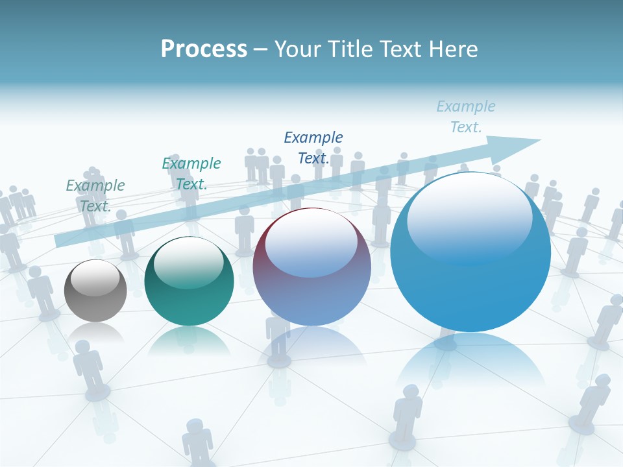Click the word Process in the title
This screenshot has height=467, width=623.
click(204, 49)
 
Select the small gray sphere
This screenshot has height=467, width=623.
click(95, 291)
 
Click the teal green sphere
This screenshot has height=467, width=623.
click(189, 281)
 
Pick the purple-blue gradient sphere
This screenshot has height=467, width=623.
click(311, 267)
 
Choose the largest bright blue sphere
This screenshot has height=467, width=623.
click(470, 252)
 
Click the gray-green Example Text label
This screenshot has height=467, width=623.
click(95, 195)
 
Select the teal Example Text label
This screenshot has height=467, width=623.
click(191, 173)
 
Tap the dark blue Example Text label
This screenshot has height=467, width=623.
click(313, 147)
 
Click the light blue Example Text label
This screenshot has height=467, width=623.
click(466, 116)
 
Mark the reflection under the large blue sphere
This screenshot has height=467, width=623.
click(470, 363)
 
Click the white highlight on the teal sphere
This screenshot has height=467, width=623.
click(188, 261)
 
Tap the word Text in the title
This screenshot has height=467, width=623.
click(397, 49)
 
